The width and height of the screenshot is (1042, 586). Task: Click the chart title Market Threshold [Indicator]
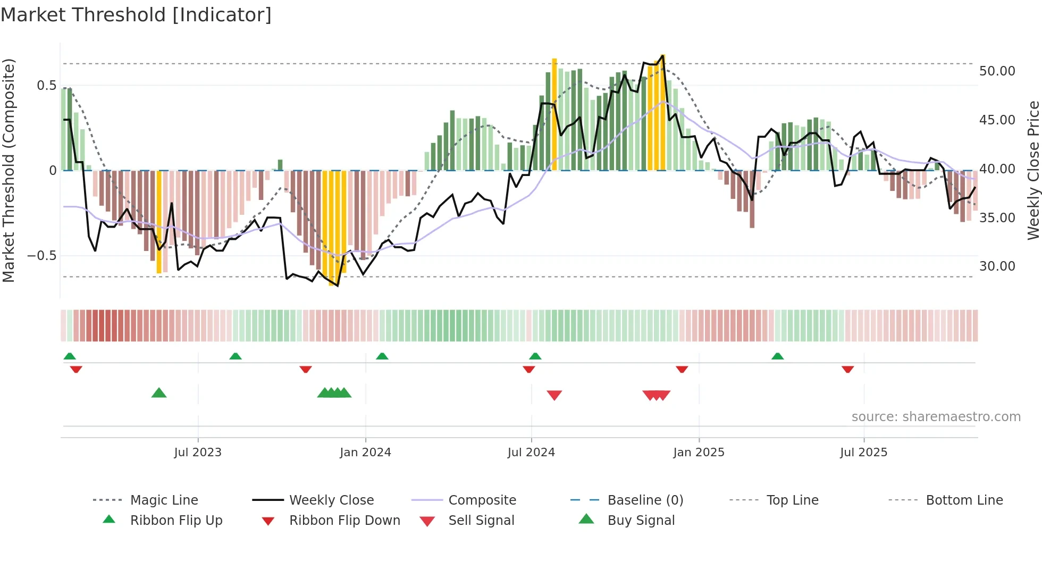point(136,15)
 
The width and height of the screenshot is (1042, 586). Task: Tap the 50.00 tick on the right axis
point(997,71)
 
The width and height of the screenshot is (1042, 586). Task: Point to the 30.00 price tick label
point(997,266)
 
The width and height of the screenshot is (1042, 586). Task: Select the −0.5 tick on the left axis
point(42,256)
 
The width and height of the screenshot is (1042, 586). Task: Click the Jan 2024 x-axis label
point(365,453)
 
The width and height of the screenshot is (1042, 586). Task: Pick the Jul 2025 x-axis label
point(863,453)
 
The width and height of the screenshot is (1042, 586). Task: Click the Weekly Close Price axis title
point(1033,170)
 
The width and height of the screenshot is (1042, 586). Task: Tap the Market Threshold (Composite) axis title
point(9,170)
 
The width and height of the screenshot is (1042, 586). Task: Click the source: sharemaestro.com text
point(936,417)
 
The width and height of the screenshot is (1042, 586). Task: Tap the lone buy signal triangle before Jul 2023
point(159,393)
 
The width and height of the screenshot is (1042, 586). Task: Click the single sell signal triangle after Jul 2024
point(554,395)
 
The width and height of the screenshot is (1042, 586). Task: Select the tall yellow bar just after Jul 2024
point(554,114)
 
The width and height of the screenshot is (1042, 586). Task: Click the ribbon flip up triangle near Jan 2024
point(382,356)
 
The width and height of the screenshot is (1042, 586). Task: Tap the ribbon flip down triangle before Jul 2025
point(847,369)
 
